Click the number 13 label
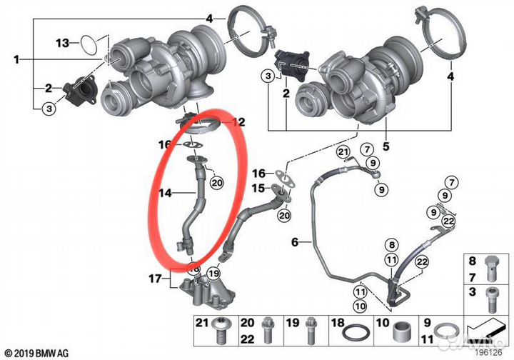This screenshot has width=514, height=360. [63, 43]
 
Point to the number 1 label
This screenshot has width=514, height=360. [16, 60]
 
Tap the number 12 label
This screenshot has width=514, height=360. [238, 122]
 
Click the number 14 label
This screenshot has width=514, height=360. [166, 193]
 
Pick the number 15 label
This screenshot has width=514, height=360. [258, 188]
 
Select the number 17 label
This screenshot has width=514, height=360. [156, 279]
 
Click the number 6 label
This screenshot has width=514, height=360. [295, 242]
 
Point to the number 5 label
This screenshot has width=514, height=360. [386, 146]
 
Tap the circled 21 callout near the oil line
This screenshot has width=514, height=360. [343, 152]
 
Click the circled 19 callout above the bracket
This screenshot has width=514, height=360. [213, 273]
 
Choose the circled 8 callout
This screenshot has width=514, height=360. [392, 244]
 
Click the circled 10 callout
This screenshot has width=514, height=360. [361, 306]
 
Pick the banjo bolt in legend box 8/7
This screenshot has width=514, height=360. [492, 268]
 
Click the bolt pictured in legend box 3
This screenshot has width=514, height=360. [492, 300]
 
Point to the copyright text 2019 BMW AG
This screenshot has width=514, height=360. [37, 354]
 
